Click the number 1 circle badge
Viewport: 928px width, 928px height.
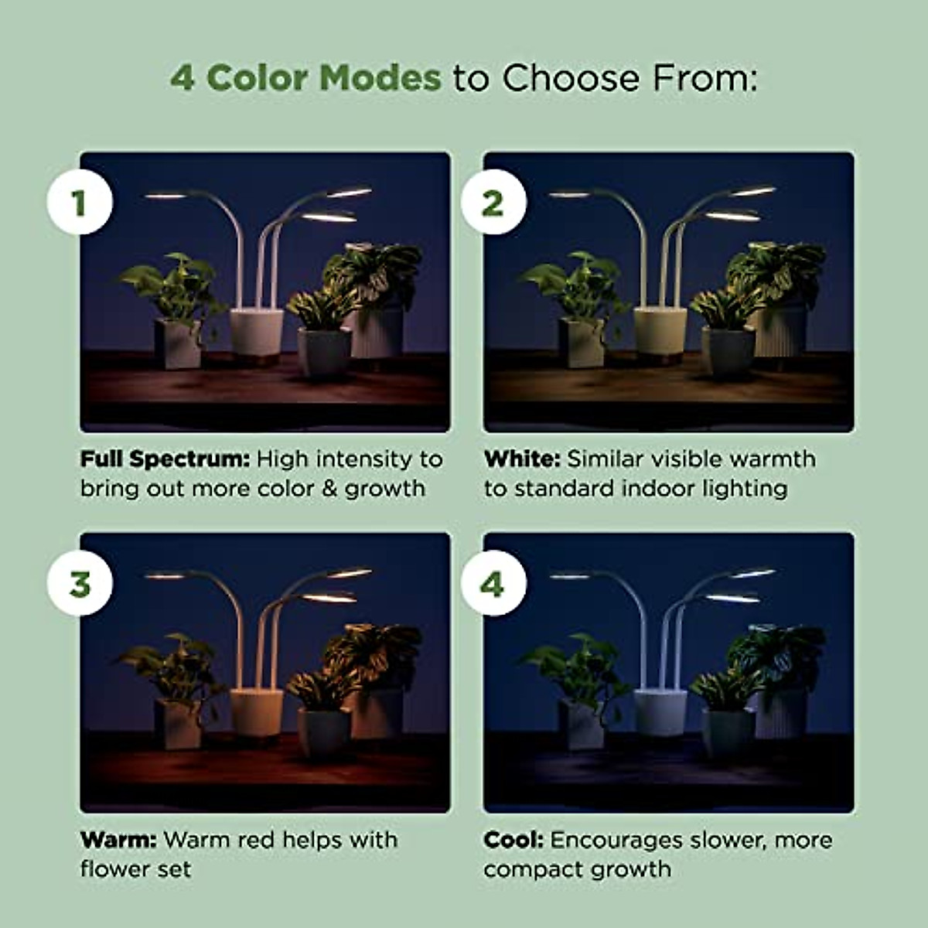pyautogui.click(x=80, y=203)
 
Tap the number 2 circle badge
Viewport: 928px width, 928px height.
pyautogui.click(x=493, y=203)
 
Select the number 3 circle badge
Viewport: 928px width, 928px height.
pyautogui.click(x=80, y=584)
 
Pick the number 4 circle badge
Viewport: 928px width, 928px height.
pyautogui.click(x=493, y=584)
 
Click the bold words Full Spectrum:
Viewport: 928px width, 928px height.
pyautogui.click(x=165, y=459)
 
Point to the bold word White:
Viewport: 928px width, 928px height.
pyautogui.click(x=522, y=459)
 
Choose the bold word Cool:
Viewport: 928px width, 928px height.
pyautogui.click(x=513, y=840)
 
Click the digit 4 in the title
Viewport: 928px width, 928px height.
pyautogui.click(x=182, y=78)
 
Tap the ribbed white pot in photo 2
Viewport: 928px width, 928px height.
pyautogui.click(x=780, y=333)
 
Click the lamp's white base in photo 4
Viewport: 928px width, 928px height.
pyautogui.click(x=660, y=711)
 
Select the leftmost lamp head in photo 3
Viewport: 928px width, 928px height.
pyautogui.click(x=166, y=575)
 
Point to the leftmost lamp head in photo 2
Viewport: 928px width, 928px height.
pyautogui.click(x=571, y=194)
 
